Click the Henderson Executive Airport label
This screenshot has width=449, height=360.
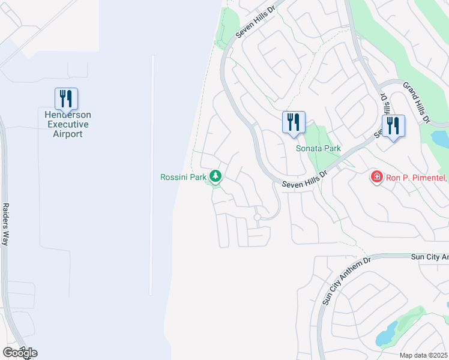pyautogui.click(x=66, y=124)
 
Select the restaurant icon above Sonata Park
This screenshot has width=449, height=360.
pyautogui.click(x=294, y=122)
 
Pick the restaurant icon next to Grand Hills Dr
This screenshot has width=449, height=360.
pyautogui.click(x=393, y=126)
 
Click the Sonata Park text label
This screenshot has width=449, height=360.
pyautogui.click(x=318, y=148)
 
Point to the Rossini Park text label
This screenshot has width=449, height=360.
pyautogui.click(x=183, y=177)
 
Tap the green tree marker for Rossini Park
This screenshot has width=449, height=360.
pyautogui.click(x=215, y=176)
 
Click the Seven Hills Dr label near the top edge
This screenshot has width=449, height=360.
pyautogui.click(x=258, y=23)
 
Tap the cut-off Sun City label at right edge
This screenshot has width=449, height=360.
pyautogui.click(x=429, y=256)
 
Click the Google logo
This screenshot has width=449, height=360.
pyautogui.click(x=20, y=352)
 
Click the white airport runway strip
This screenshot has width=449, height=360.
pyautogui.click(x=152, y=174)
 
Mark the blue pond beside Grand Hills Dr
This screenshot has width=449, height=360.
pyautogui.click(x=440, y=139)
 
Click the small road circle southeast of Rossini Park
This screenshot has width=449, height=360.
pyautogui.click(x=258, y=217)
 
